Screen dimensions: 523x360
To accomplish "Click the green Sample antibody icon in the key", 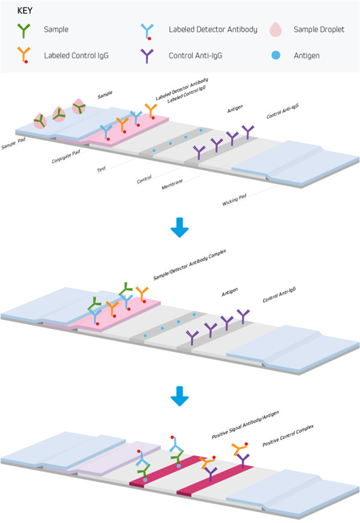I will coord(24,29).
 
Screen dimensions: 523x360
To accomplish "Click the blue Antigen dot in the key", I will coord(275,55).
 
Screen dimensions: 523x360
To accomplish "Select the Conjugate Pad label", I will coord(67,157).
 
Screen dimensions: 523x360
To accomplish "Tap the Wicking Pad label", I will coord(235,199).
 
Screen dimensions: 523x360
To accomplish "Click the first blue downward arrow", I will coord(179,229).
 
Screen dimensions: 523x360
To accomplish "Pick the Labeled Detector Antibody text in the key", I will coord(212,29).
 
